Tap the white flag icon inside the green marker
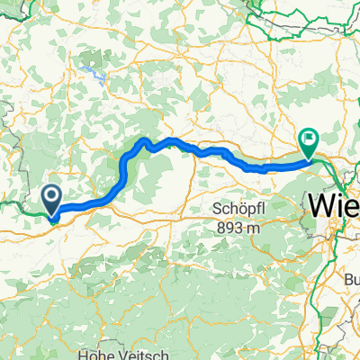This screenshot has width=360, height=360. [309, 139]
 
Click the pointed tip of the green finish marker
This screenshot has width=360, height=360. [309, 159]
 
